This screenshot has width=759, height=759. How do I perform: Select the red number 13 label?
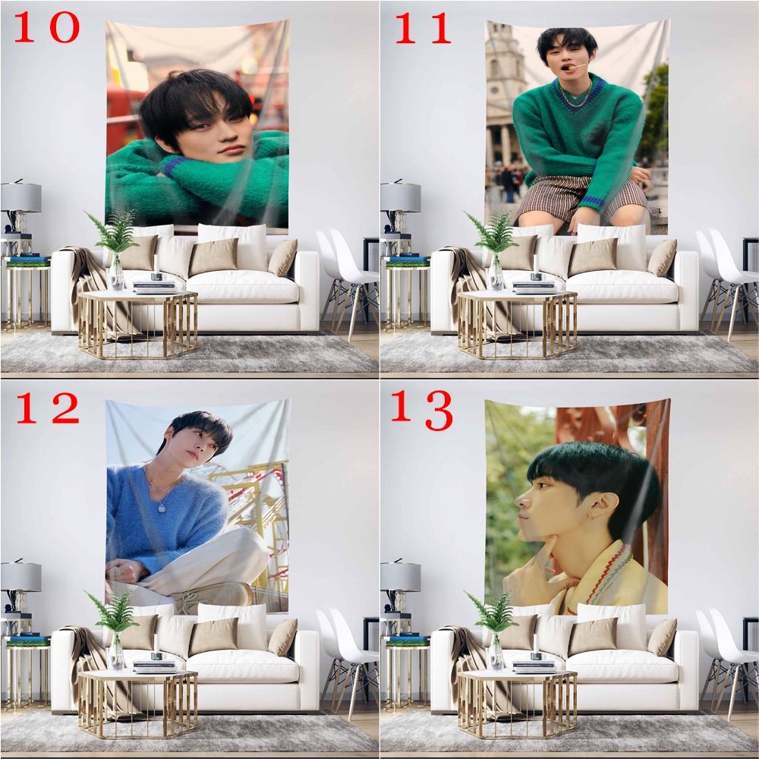[x=423, y=410]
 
